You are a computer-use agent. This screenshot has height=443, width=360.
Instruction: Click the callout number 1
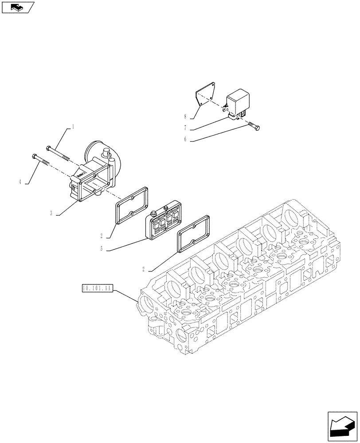pos(73,127)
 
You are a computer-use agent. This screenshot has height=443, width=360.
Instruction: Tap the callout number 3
pos(51,214)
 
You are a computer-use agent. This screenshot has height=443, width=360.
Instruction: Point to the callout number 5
pos(102,249)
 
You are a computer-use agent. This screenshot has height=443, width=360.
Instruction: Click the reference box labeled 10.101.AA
pos(98,288)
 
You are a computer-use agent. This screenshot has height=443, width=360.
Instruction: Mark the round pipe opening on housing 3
pos(102,153)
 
